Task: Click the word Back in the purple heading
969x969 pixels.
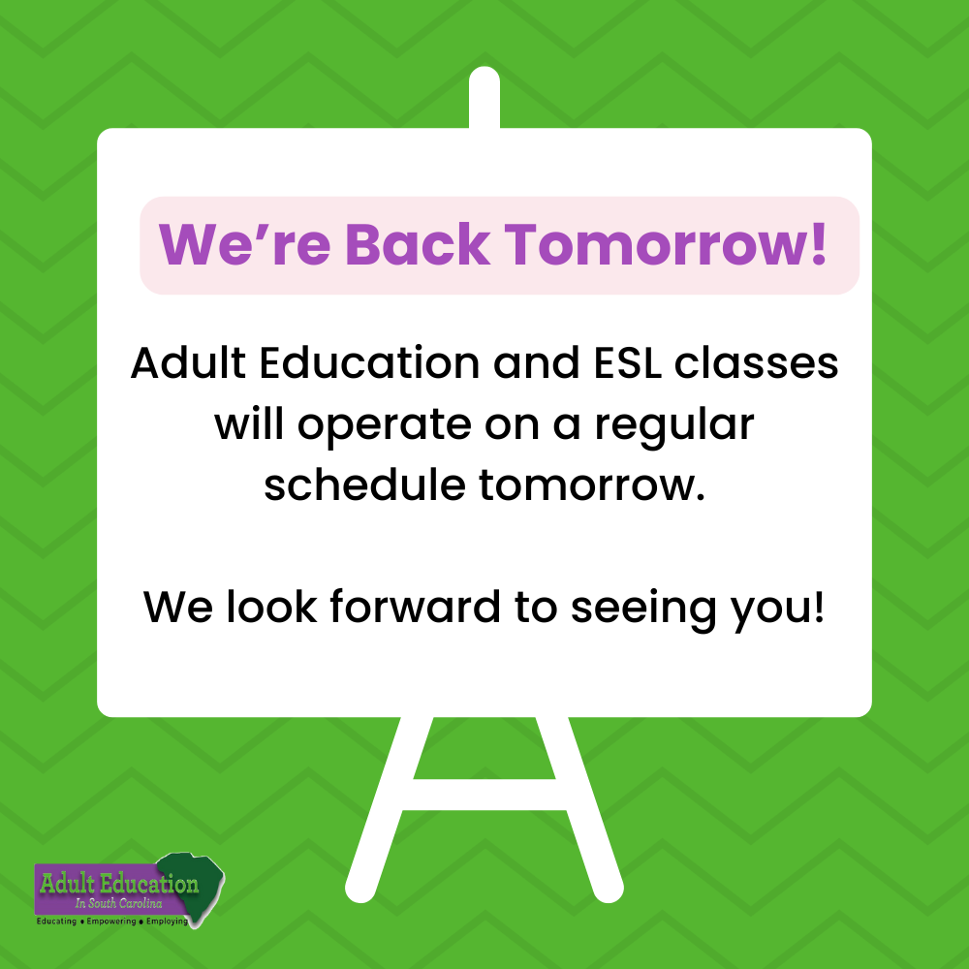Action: pyautogui.click(x=418, y=244)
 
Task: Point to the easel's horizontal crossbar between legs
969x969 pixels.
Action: pyautogui.click(x=484, y=793)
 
